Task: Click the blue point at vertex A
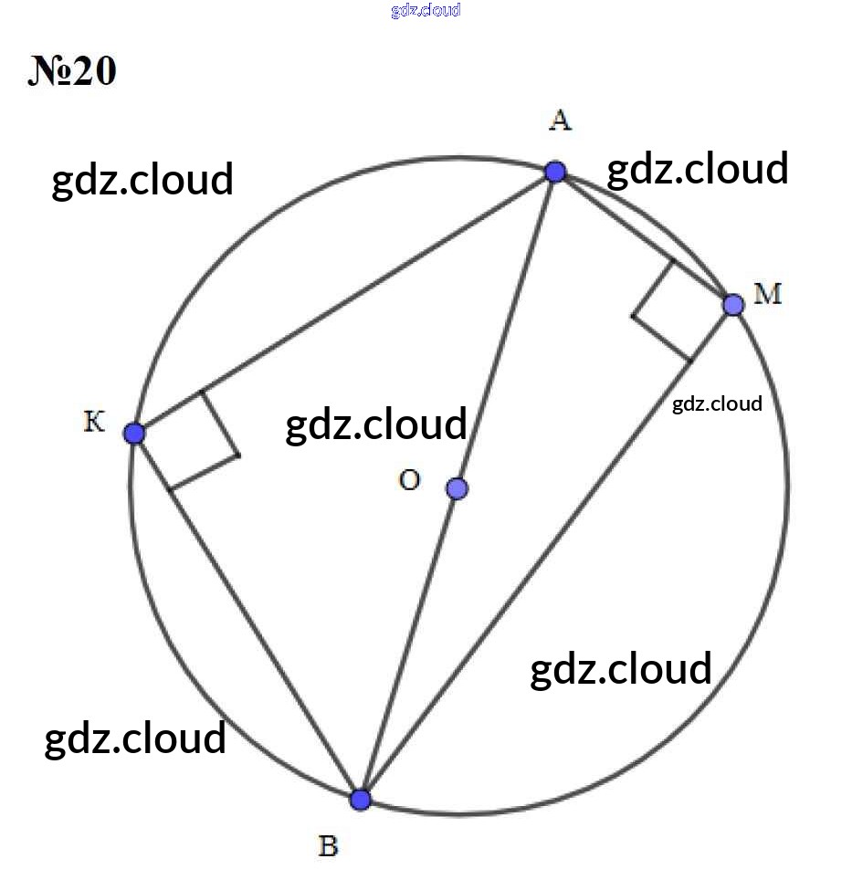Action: (x=555, y=172)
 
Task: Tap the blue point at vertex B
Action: (x=360, y=800)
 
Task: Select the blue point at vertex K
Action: (x=134, y=433)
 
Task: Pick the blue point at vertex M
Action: (x=733, y=305)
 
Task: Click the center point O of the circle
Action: (x=458, y=488)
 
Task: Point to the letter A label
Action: (x=560, y=120)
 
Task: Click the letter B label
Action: (x=329, y=845)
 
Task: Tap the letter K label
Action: (x=94, y=422)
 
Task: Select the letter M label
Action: (x=767, y=294)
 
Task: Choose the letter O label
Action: (x=409, y=480)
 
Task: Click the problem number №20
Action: (x=72, y=71)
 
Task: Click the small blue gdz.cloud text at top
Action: (x=426, y=10)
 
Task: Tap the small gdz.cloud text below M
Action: (x=717, y=404)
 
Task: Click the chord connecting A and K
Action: (x=344, y=302)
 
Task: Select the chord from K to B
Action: (x=247, y=616)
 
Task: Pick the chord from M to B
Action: (x=546, y=551)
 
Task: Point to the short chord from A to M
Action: (x=644, y=238)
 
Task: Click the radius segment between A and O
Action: (x=506, y=330)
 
